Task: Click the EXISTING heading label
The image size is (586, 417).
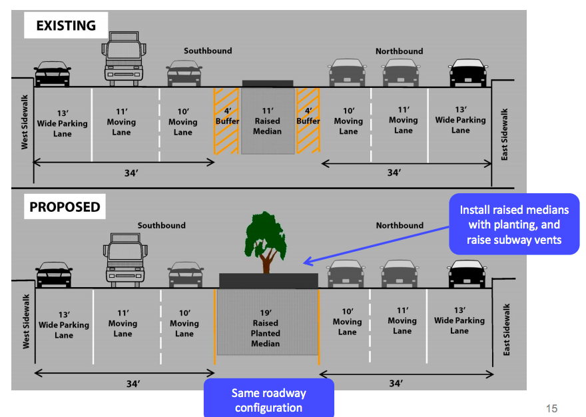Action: coord(66,25)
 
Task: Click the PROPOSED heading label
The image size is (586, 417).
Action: coord(65,207)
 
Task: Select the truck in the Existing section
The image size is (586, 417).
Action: coord(124,59)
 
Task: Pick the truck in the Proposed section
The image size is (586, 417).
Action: coord(125,260)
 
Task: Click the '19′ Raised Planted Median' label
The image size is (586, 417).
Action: coord(265,328)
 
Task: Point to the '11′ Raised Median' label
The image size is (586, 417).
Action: coord(267,121)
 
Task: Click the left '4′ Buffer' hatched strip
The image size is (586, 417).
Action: coord(226,121)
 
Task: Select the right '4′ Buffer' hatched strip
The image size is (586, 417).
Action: coord(308,121)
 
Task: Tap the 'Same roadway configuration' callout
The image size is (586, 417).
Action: coord(269,398)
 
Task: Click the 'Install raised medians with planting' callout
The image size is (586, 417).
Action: coord(514,224)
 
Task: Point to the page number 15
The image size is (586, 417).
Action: coord(551,408)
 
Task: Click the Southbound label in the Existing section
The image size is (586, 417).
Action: coord(208,51)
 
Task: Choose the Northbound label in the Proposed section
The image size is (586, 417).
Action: coord(400,226)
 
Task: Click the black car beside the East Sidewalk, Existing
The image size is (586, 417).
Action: coord(468,73)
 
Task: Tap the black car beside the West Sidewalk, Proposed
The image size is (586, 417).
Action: coord(54,274)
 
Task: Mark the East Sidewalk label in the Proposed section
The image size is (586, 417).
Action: coord(506,330)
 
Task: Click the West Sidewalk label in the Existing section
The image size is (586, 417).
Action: coord(25,123)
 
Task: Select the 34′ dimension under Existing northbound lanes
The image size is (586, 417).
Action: coord(394,173)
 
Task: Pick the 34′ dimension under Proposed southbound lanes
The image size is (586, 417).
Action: coord(133,384)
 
